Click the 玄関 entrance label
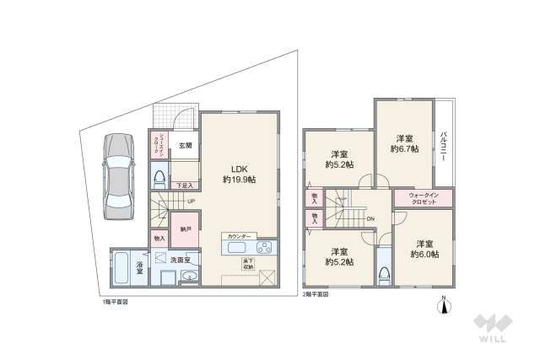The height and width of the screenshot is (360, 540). click(185, 145)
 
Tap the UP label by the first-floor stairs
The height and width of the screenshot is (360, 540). click(191, 201)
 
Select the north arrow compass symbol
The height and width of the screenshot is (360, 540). click(445, 307)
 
